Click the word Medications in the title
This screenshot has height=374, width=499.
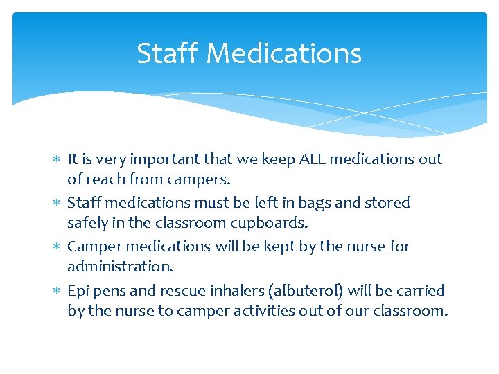[284, 53]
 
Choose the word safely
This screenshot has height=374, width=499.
[87, 223]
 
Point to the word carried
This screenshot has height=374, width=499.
[419, 290]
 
